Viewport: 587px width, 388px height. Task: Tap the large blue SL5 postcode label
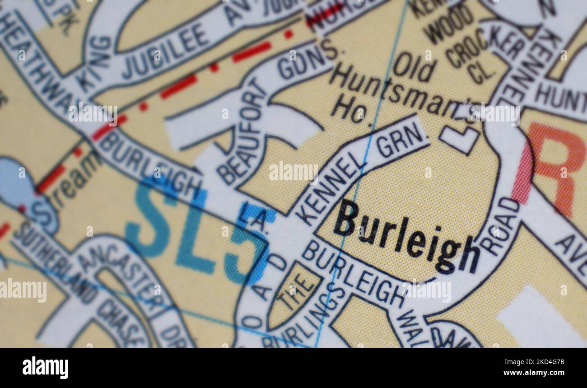click(x=199, y=230)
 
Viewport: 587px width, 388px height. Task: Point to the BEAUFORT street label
click(x=242, y=136)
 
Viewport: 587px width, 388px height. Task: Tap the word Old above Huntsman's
click(x=413, y=68)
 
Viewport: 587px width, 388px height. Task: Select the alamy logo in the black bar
click(x=45, y=367)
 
